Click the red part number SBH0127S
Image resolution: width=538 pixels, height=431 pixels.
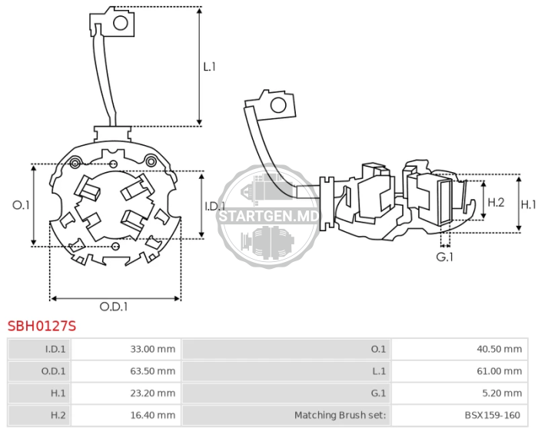pos(42,326)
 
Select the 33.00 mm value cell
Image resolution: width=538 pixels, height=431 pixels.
pos(126,349)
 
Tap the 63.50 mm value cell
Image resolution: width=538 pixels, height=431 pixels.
pos(126,371)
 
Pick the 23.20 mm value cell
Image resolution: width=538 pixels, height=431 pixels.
pos(126,393)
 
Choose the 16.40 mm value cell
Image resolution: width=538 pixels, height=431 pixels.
pos(126,415)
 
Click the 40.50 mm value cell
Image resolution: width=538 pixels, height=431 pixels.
pos(460,349)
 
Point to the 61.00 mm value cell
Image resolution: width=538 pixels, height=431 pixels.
pos(460,371)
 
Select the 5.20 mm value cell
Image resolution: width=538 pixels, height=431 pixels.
pos(460,393)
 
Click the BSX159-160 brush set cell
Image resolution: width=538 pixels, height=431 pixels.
pos(460,415)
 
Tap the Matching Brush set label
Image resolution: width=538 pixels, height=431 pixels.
pos(340,415)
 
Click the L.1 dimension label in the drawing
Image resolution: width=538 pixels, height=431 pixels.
pos(209,67)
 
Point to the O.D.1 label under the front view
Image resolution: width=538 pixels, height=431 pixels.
pos(114,307)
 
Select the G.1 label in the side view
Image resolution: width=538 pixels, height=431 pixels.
pos(445,257)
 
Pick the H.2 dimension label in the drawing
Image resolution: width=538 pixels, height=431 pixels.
pos(496,202)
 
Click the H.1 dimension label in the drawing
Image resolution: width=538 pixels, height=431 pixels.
pos(529,204)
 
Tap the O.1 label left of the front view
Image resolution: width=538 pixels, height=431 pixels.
pos(21,205)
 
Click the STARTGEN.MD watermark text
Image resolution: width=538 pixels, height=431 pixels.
pos(269,217)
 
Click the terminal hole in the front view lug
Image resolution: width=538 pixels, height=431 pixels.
pos(121,23)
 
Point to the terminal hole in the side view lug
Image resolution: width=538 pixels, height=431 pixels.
pos(278,105)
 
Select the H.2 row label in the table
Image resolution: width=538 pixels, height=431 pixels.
pos(58,415)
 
